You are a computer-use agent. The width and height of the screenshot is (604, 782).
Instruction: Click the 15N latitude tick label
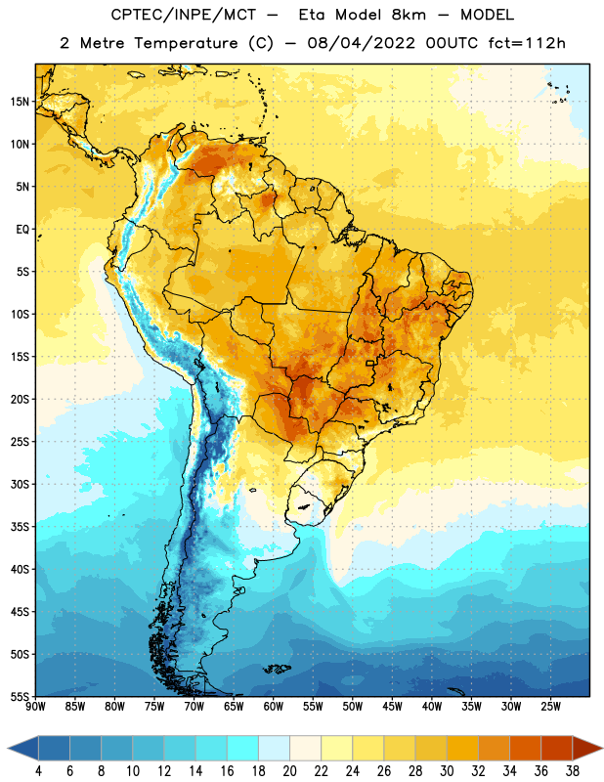tap(20, 102)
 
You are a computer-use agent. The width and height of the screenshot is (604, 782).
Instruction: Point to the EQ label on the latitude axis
tap(22, 230)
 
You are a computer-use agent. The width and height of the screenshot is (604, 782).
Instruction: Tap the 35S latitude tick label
tap(20, 527)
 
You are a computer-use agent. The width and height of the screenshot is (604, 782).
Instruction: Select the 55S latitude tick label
tap(20, 696)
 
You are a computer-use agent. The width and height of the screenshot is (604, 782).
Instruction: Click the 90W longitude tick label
tap(35, 706)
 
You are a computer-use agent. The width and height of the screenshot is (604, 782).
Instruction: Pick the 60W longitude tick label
tap(274, 706)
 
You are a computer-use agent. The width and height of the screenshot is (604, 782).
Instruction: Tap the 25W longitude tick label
tap(550, 706)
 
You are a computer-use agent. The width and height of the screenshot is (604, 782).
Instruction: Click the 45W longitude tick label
tap(393, 706)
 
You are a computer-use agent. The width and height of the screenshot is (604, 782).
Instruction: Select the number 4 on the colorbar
tap(38, 771)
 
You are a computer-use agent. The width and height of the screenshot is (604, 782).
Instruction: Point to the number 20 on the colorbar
tap(289, 771)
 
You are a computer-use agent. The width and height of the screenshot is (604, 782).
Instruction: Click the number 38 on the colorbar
tap(573, 771)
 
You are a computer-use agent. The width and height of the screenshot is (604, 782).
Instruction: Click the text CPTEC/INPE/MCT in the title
tap(184, 15)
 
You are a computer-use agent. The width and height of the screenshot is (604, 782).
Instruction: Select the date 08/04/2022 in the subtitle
tap(361, 43)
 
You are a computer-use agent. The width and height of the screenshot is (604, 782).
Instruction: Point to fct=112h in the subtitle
tap(527, 43)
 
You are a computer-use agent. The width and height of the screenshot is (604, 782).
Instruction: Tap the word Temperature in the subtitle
tap(186, 43)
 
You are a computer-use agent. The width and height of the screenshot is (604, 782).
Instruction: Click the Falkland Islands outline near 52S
tap(278, 669)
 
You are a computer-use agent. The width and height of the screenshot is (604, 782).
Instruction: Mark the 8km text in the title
tap(409, 15)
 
